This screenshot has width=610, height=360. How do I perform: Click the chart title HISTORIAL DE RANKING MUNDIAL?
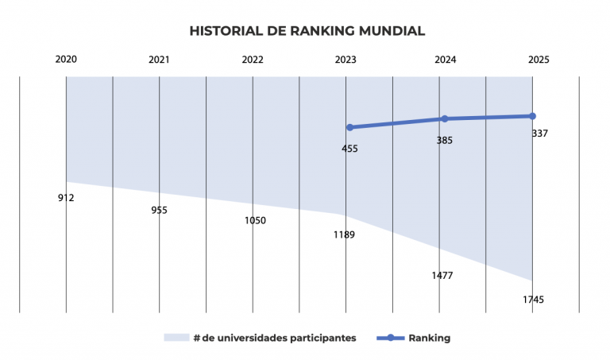coord(307,31)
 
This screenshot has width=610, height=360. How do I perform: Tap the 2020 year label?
coord(66,60)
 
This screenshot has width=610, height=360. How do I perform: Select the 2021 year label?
coord(159,60)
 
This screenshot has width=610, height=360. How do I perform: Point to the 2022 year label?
coord(253,60)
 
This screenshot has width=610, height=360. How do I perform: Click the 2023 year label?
coord(346,60)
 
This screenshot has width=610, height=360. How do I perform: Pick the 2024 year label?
coord(445,60)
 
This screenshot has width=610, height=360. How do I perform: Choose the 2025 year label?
coord(539,60)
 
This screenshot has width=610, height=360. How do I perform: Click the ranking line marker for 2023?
coord(349,127)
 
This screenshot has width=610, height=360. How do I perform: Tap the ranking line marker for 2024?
coord(444,118)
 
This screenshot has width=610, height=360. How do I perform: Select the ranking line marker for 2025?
coord(532,116)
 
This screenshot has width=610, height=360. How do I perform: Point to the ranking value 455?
coord(349,149)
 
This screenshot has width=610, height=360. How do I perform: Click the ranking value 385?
coord(445,141)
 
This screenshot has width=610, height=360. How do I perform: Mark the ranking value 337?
coord(540,134)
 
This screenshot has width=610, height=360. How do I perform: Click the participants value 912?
coord(66,198)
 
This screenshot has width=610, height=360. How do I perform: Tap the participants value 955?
coord(159,211)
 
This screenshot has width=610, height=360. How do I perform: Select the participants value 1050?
coord(255,220)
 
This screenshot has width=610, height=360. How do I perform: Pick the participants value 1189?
coord(344,235)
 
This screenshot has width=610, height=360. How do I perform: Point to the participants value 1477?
coord(442,276)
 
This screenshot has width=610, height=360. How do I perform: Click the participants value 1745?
coord(533,300)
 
